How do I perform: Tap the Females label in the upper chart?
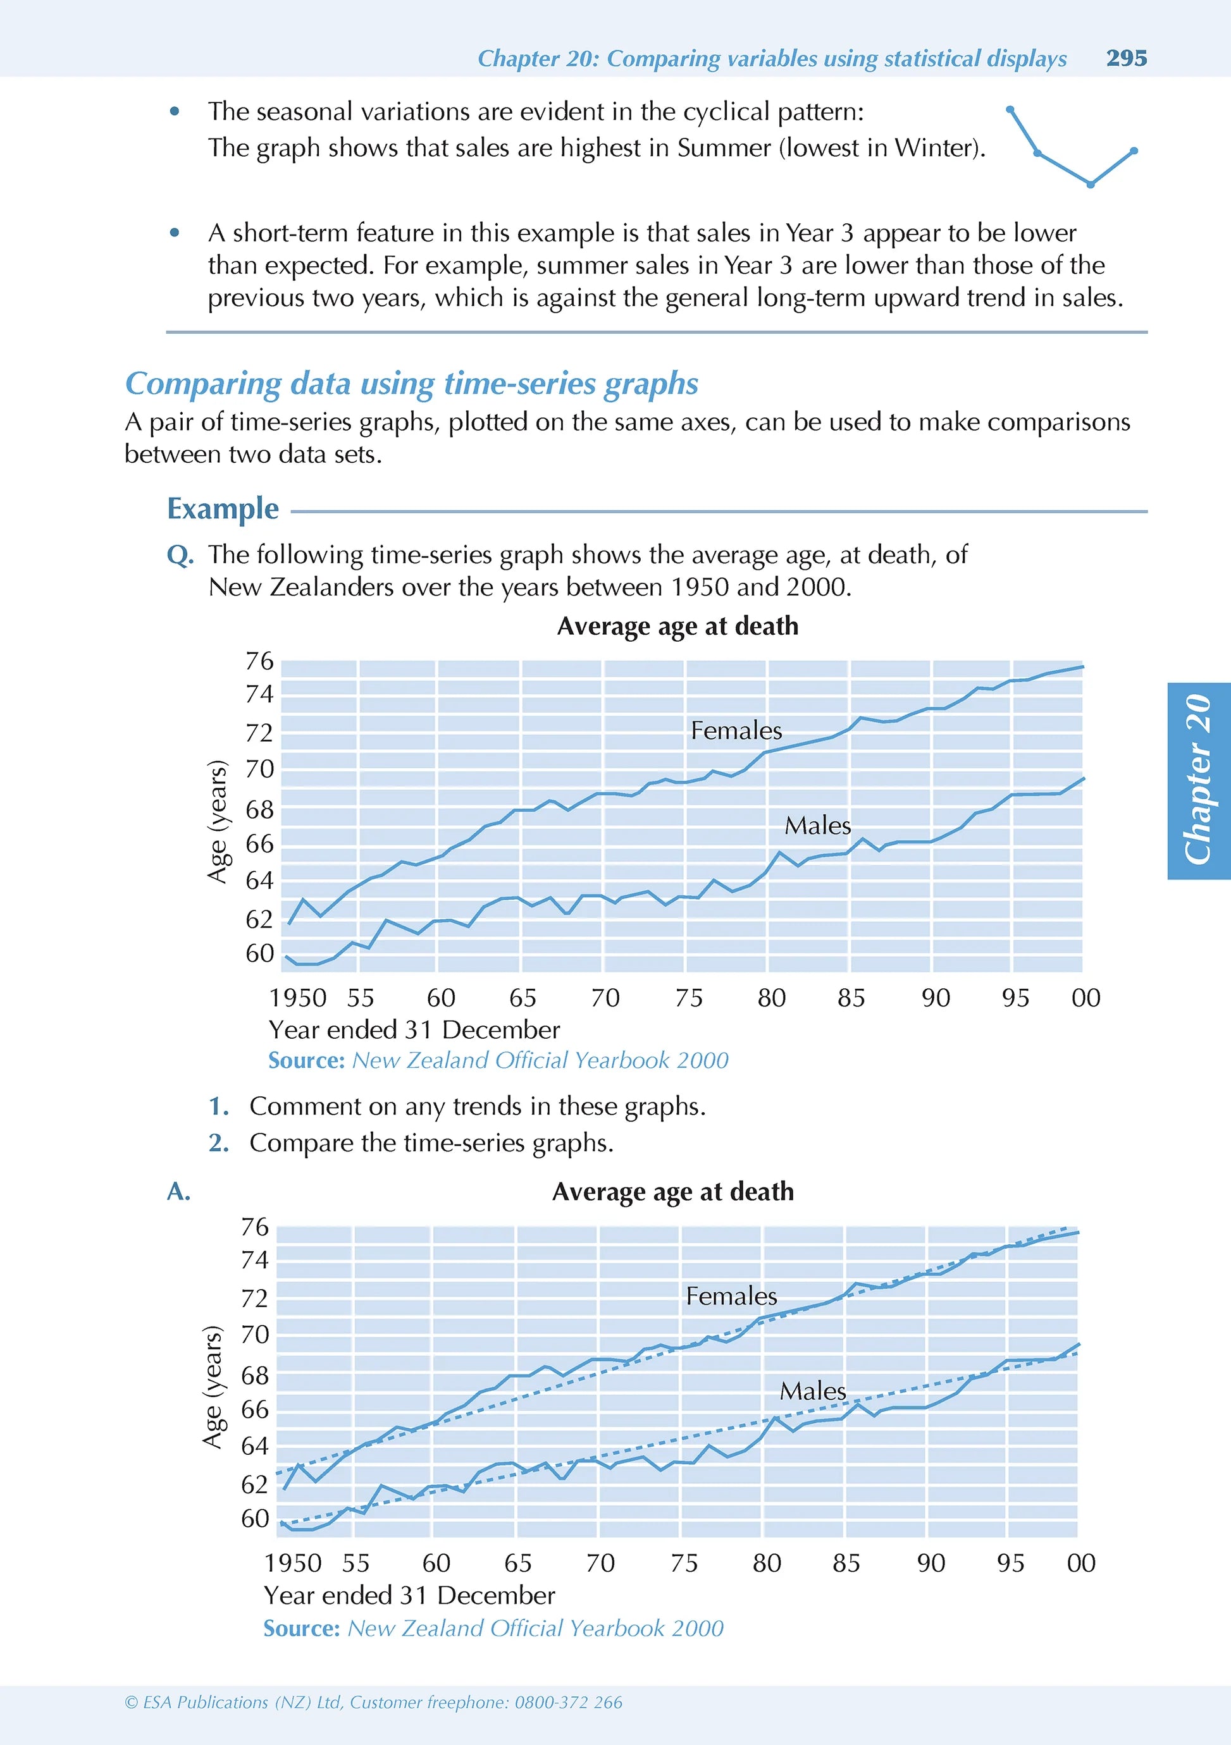click(x=736, y=730)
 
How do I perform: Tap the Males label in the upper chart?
click(x=817, y=825)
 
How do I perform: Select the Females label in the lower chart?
click(x=731, y=1296)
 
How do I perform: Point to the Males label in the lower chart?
click(x=813, y=1391)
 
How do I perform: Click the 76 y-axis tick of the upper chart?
click(x=259, y=661)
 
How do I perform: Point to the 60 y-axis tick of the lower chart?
click(x=255, y=1519)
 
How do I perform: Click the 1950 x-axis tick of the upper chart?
click(x=297, y=998)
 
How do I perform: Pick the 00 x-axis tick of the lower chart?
click(x=1081, y=1564)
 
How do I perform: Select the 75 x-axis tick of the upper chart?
click(x=689, y=998)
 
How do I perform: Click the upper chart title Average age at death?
click(x=677, y=627)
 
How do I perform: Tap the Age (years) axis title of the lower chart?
click(x=214, y=1388)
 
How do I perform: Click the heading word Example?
click(x=223, y=508)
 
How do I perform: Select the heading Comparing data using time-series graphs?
click(x=411, y=384)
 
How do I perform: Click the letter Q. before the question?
click(x=180, y=556)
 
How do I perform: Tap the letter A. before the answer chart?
click(x=178, y=1192)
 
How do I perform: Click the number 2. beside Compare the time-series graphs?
click(x=219, y=1142)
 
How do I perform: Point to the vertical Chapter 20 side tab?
click(x=1199, y=781)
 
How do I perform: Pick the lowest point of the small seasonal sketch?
click(x=1091, y=185)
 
